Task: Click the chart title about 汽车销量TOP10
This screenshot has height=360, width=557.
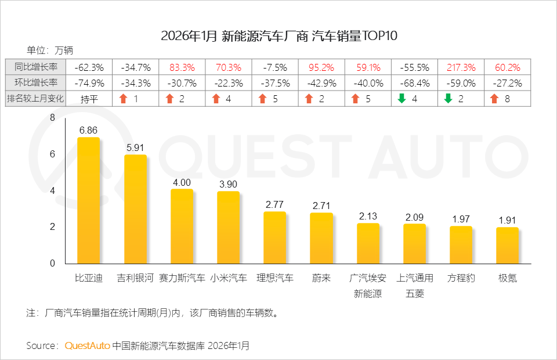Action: pyautogui.click(x=279, y=36)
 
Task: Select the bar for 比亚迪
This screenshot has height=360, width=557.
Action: pyautogui.click(x=89, y=200)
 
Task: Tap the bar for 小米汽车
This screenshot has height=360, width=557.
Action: pyautogui.click(x=228, y=227)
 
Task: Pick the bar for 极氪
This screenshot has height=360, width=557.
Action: pyautogui.click(x=507, y=245)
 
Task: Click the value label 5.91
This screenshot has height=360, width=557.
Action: pyautogui.click(x=135, y=147)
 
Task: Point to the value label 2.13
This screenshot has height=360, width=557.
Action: pyautogui.click(x=368, y=216)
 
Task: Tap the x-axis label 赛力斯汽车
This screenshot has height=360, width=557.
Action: pyautogui.click(x=182, y=278)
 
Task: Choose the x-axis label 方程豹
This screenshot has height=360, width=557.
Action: pyautogui.click(x=461, y=278)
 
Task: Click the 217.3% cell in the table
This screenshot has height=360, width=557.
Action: pyautogui.click(x=461, y=67)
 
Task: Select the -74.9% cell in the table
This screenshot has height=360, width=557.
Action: pyautogui.click(x=89, y=82)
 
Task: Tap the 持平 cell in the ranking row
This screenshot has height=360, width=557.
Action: pyautogui.click(x=89, y=99)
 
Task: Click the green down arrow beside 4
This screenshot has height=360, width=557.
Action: pyautogui.click(x=401, y=99)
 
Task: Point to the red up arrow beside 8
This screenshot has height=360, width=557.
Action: pyautogui.click(x=494, y=99)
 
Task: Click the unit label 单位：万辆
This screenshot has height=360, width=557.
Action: pyautogui.click(x=50, y=50)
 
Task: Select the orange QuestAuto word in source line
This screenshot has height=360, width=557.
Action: pyautogui.click(x=87, y=345)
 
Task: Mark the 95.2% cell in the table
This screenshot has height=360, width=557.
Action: pyautogui.click(x=321, y=67)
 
